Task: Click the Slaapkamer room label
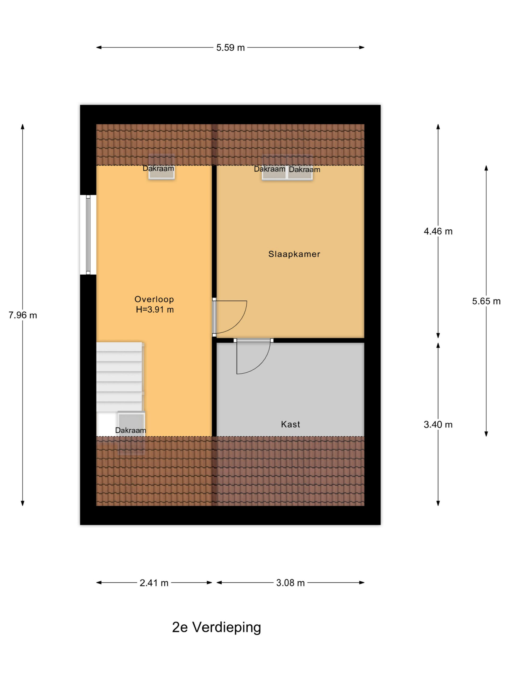click(294, 254)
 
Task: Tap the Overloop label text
click(154, 299)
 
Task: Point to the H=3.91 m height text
click(155, 310)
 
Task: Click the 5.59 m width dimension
click(230, 47)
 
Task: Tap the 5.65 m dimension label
click(486, 301)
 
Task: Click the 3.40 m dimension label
click(438, 425)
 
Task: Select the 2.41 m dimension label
click(154, 583)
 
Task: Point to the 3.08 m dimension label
click(290, 583)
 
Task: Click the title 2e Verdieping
click(216, 628)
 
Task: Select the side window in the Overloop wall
click(88, 235)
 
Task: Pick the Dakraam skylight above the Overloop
click(161, 167)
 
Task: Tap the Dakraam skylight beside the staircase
click(131, 433)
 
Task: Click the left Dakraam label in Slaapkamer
click(269, 169)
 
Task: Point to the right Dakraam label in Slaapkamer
click(304, 169)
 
